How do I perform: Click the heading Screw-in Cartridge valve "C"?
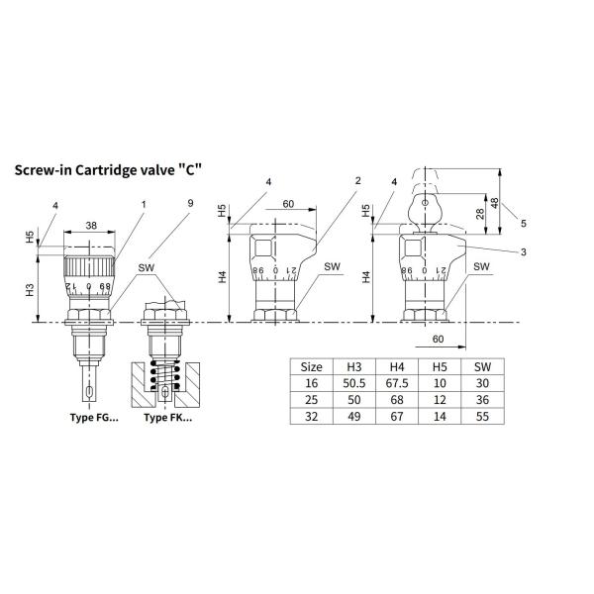pos(108,170)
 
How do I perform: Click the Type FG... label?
pos(94,418)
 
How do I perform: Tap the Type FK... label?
pos(168,418)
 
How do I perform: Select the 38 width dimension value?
pos(91,226)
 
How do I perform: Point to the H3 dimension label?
pos(30,290)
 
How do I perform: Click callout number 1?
pos(144,205)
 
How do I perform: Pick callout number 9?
pos(190,203)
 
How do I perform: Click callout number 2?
pos(358,181)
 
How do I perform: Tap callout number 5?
pos(523,223)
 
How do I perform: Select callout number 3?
pos(523,251)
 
